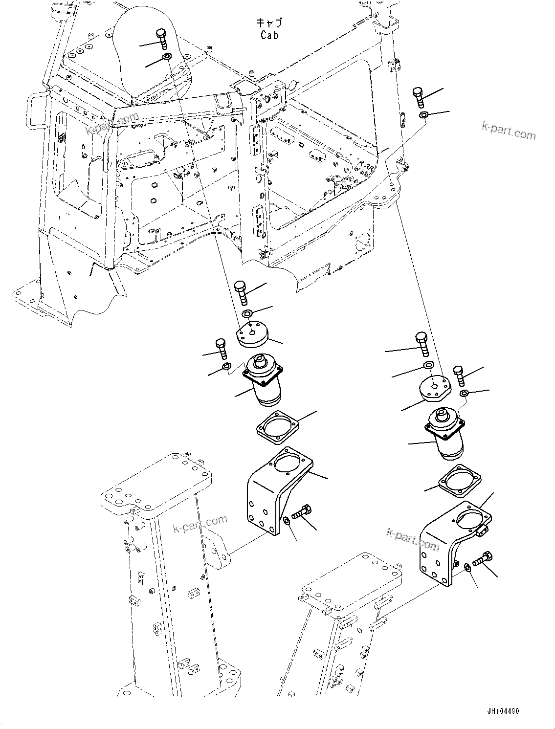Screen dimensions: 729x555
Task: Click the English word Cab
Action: [269, 35]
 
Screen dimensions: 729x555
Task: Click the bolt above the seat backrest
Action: [162, 38]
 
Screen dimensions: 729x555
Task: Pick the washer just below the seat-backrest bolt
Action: [167, 57]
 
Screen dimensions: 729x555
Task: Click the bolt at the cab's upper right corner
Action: [418, 98]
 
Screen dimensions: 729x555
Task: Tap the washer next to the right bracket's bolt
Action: [466, 567]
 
